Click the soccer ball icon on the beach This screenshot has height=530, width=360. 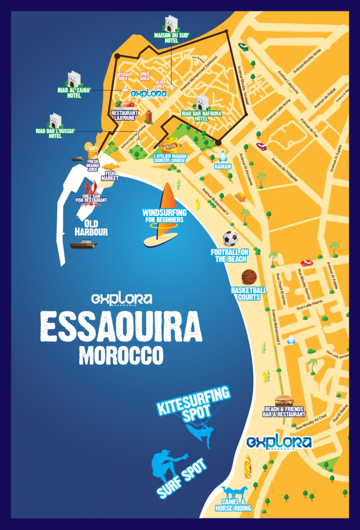pos(230,239)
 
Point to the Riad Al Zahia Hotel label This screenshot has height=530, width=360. pos(74,92)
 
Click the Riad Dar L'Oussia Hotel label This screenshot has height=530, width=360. pos(55,133)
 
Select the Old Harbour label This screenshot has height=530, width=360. pos(92,229)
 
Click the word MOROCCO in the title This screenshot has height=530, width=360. pos(121,355)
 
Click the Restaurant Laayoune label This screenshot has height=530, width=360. pos(125,115)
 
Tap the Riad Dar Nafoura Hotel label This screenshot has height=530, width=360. pos(193,116)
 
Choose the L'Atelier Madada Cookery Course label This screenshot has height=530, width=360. pos(171,158)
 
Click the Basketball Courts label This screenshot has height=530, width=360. pos(249,294)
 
